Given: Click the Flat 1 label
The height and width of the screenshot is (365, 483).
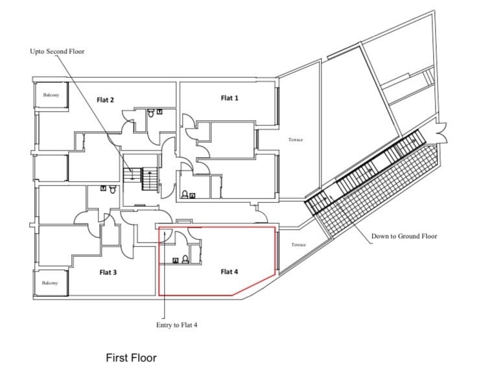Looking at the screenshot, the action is [x=230, y=98].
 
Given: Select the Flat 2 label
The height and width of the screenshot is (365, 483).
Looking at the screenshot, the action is [x=105, y=100].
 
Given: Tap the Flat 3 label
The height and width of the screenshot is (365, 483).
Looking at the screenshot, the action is [x=108, y=272].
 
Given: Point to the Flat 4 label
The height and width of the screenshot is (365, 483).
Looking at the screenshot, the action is [x=230, y=272].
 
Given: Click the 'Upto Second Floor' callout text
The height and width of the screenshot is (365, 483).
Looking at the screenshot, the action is [x=57, y=51].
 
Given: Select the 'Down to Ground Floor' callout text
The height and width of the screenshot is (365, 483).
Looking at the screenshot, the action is [x=404, y=236].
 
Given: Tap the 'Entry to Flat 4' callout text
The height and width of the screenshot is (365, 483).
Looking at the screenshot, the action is [x=176, y=325].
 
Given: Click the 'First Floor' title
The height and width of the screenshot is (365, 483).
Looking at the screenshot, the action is [x=131, y=358].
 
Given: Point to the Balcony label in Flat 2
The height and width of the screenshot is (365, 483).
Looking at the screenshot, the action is [x=51, y=95].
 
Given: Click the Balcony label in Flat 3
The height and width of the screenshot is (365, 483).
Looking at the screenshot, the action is [x=50, y=283].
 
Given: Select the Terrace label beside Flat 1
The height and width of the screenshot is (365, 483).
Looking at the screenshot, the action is [x=296, y=139].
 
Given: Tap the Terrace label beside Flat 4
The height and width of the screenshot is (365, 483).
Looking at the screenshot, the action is [x=299, y=244].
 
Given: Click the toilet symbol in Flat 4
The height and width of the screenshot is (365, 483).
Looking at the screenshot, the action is [x=185, y=259].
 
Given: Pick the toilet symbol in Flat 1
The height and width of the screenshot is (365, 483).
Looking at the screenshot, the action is [x=185, y=194].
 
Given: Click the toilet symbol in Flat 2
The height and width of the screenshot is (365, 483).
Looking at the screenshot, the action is [x=151, y=113].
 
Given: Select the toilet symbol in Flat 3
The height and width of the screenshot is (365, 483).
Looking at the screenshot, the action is [x=112, y=189].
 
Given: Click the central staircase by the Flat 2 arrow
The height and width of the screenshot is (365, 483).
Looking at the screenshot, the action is [x=141, y=179].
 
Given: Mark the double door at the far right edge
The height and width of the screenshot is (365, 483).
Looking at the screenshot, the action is [x=440, y=132].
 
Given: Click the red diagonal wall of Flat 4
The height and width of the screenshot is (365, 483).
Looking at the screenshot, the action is [x=253, y=285].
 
